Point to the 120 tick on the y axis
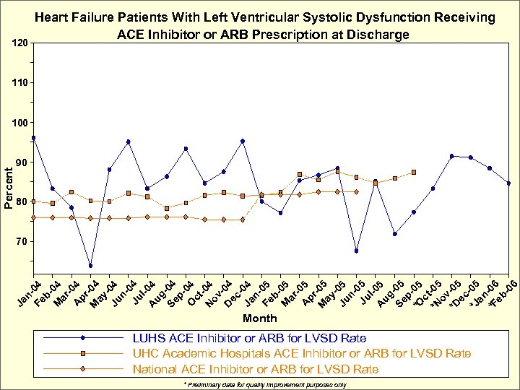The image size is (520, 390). tap(21, 44)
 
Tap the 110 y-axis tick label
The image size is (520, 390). tap(21, 84)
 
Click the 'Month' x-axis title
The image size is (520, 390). tap(259, 318)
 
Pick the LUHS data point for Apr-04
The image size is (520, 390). tap(90, 265)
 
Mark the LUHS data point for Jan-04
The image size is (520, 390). tap(34, 138)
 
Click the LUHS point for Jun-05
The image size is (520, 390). tap(357, 251)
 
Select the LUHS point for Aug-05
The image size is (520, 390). tap(395, 233)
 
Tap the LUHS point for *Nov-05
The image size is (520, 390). tap(451, 156)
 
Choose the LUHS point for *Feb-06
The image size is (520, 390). tap(508, 183)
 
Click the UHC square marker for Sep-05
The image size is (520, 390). tap(414, 172)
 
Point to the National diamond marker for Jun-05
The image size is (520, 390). tap(357, 191)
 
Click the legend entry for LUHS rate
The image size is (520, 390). tap(249, 338)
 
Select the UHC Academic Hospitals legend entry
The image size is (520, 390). tap(301, 353)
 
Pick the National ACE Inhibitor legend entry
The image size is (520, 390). tap(255, 369)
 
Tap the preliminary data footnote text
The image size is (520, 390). tap(265, 385)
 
